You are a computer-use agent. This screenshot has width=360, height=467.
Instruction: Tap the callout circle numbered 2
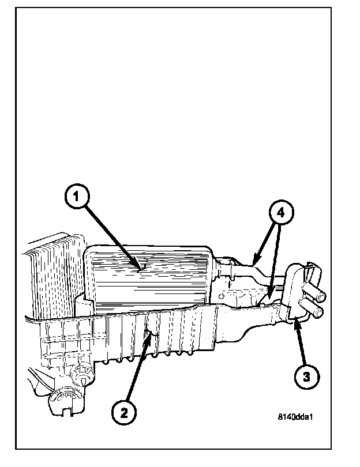(125, 413)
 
